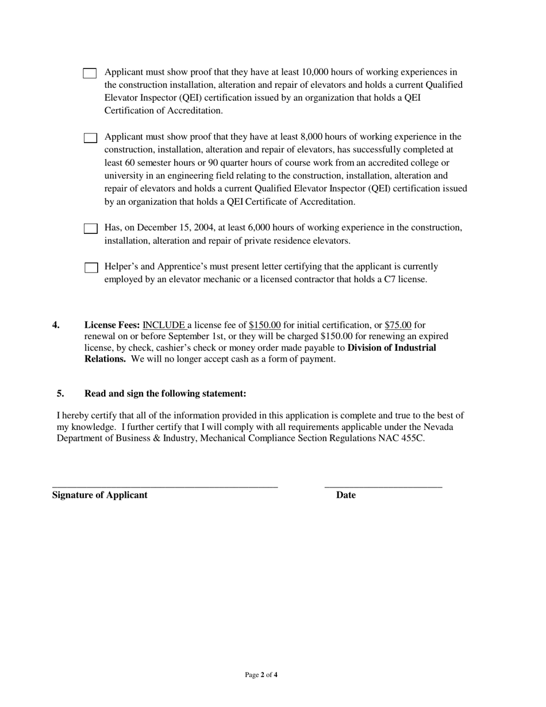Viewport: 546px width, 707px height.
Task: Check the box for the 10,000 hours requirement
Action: click(90, 73)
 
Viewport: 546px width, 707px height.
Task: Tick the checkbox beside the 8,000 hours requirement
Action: click(90, 138)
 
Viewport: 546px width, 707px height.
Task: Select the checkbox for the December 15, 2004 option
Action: click(90, 229)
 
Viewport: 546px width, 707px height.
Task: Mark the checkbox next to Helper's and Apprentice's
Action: click(91, 268)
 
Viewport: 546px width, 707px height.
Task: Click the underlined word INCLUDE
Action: click(164, 325)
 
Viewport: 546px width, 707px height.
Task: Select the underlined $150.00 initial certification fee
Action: click(264, 325)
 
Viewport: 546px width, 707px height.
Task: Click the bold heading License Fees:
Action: click(112, 325)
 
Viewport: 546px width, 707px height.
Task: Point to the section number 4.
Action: click(56, 325)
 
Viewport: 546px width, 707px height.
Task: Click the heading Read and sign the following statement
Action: click(165, 394)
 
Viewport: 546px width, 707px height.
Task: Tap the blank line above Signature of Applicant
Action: click(165, 487)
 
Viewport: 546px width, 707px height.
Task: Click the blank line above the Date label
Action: click(383, 487)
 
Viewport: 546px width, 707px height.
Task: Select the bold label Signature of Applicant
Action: click(99, 495)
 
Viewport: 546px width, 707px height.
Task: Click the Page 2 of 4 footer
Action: click(261, 675)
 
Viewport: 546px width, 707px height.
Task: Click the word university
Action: click(124, 176)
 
